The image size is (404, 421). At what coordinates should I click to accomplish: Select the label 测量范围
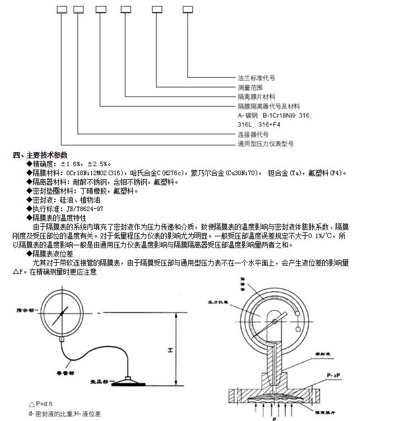click(250, 88)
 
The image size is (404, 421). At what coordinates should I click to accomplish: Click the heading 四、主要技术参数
click(40, 154)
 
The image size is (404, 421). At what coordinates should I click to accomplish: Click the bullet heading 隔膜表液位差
click(57, 254)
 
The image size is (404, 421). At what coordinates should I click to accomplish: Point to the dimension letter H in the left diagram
click(169, 350)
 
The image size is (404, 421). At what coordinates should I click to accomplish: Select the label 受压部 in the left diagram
click(100, 381)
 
